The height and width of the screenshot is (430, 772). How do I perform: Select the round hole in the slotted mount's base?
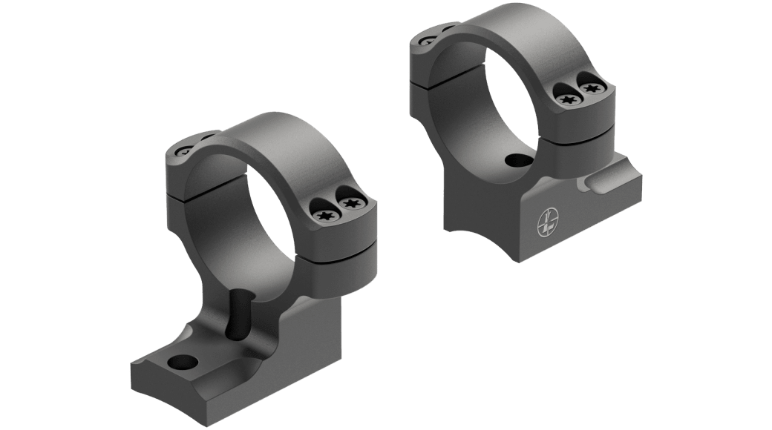[x=181, y=362]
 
